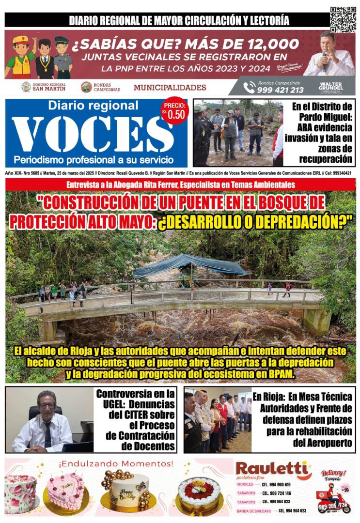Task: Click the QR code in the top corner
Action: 343,19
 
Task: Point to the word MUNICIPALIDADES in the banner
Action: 170,88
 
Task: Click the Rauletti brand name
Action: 272,469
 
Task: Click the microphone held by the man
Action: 324,57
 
